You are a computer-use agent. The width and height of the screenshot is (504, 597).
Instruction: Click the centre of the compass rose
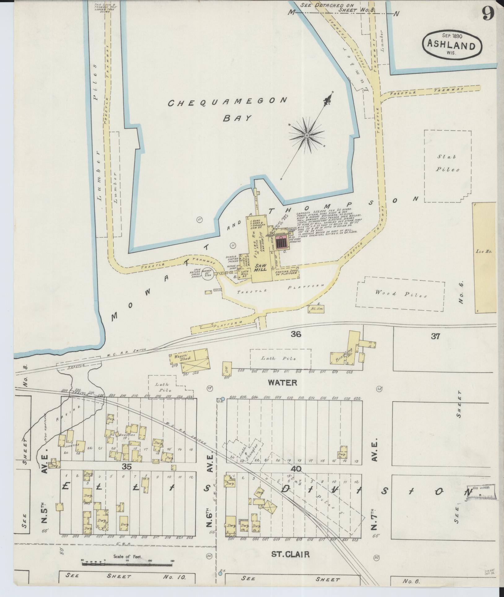(x=307, y=136)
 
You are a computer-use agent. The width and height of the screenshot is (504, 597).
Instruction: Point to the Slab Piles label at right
(x=448, y=163)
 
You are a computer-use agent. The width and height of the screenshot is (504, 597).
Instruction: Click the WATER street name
(x=282, y=382)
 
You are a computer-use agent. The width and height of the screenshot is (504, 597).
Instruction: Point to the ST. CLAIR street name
(x=290, y=555)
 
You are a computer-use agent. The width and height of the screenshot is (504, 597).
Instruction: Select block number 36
(x=296, y=334)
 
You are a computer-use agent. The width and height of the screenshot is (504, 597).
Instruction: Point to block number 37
(x=435, y=336)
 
